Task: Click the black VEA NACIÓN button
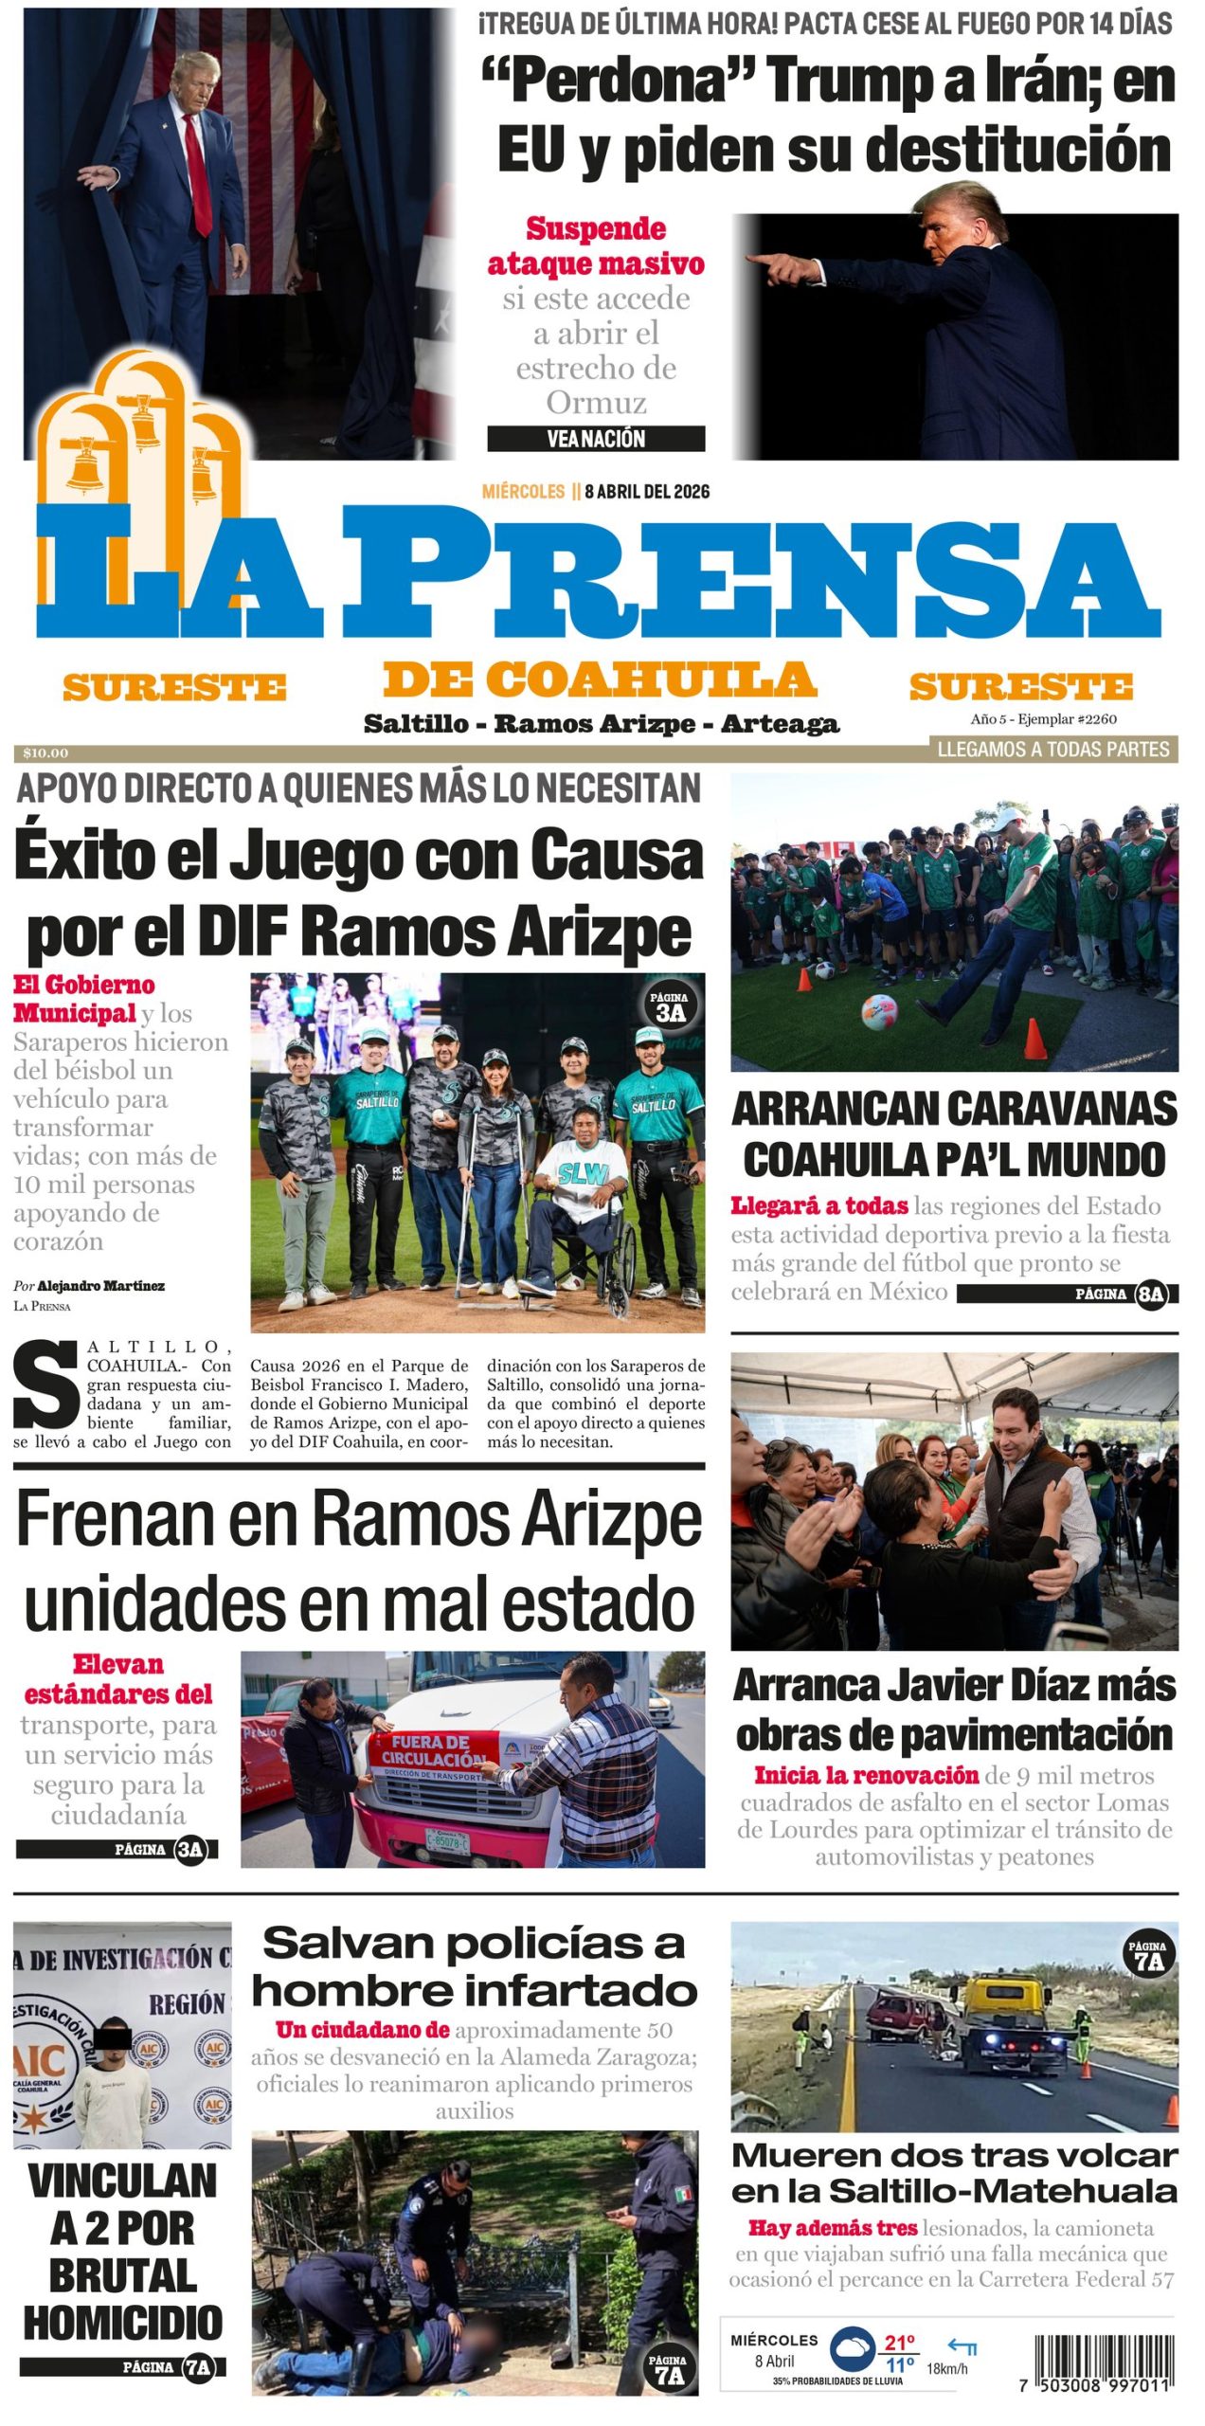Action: click(596, 439)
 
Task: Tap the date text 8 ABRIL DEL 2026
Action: click(647, 491)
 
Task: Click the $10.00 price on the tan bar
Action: click(45, 753)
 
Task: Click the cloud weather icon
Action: click(853, 2350)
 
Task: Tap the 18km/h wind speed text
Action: click(947, 2369)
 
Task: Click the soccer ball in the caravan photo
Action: click(879, 1012)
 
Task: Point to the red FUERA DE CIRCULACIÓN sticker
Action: click(431, 1751)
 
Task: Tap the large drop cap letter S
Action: click(45, 1389)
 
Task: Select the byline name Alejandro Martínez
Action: click(100, 1286)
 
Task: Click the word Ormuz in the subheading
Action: click(596, 403)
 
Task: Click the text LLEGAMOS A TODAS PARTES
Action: click(1053, 750)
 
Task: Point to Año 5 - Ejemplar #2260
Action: click(1043, 719)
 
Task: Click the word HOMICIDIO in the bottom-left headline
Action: click(123, 2323)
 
